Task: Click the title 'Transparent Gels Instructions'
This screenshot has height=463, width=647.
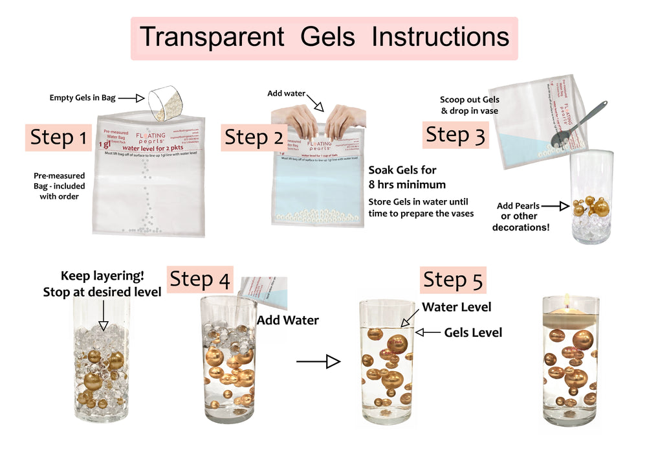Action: coord(324,37)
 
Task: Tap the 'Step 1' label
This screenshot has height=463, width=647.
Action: coord(58,137)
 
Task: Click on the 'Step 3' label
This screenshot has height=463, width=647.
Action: coord(455,135)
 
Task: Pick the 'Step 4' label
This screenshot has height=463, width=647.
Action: coord(199,280)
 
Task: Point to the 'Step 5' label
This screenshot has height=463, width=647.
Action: coord(453,280)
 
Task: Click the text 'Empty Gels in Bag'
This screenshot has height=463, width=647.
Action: coord(83,98)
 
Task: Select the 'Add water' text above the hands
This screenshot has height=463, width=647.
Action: coord(287,94)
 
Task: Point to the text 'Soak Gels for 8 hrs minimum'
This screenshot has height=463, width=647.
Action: coord(402,177)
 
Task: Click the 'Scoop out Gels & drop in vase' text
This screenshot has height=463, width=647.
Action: coord(470,106)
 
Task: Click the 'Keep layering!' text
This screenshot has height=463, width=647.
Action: coord(102,276)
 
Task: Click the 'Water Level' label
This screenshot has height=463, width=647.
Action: coord(456,307)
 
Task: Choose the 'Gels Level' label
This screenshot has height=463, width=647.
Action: coord(473,332)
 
